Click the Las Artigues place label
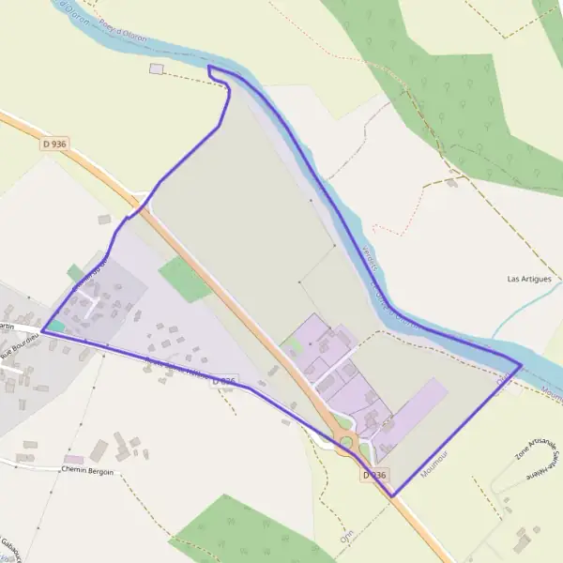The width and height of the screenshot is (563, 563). [528, 279]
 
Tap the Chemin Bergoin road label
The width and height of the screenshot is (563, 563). [87, 471]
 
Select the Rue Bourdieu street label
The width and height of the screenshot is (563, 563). [22, 344]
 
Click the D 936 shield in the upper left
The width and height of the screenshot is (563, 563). [54, 144]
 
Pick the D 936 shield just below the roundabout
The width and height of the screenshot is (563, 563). [373, 475]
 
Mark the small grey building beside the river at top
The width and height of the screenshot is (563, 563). [156, 68]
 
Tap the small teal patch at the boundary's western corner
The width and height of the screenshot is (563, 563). [57, 326]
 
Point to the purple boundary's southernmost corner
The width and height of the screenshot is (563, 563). [391, 495]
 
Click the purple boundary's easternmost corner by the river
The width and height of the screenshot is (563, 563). [520, 364]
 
